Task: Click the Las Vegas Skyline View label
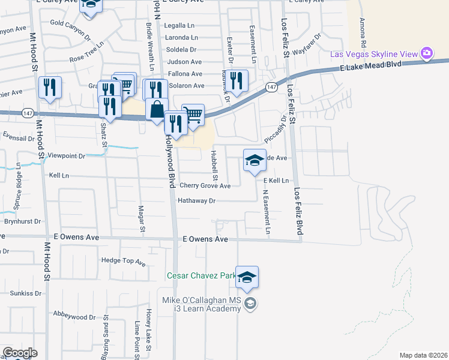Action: pyautogui.click(x=374, y=55)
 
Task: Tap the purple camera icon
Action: pyautogui.click(x=427, y=54)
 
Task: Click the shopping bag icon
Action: pyautogui.click(x=157, y=110)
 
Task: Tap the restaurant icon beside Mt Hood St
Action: pyautogui.click(x=50, y=88)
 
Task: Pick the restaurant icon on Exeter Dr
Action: pyautogui.click(x=237, y=80)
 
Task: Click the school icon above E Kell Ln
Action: pyautogui.click(x=255, y=160)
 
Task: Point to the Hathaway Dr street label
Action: pyautogui.click(x=196, y=201)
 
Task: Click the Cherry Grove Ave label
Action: pyautogui.click(x=205, y=186)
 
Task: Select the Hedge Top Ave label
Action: pyautogui.click(x=124, y=262)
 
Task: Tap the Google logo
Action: pyautogui.click(x=19, y=353)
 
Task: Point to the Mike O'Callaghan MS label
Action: pyautogui.click(x=200, y=300)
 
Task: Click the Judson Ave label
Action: pyautogui.click(x=184, y=62)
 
